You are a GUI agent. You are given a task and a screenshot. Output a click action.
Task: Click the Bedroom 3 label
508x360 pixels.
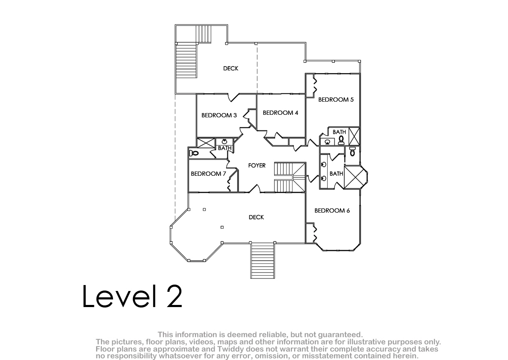219,116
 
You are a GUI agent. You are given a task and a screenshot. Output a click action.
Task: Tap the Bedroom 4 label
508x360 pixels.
280,113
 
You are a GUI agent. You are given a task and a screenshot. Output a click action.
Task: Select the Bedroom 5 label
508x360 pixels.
336,100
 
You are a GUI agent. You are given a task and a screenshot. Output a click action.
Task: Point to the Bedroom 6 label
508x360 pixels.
332,211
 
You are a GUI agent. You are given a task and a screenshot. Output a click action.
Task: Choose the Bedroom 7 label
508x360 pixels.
208,174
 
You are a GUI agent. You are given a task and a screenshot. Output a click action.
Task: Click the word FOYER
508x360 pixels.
257,166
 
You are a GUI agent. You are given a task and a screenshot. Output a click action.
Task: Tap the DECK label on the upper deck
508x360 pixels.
231,69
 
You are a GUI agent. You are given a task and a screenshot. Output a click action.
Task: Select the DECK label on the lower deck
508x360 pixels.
256,217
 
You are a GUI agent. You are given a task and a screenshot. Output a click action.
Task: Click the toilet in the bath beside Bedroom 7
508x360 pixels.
194,153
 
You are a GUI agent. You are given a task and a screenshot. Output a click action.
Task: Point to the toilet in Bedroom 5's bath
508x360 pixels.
341,141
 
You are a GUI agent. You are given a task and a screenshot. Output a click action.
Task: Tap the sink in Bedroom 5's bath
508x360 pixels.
327,142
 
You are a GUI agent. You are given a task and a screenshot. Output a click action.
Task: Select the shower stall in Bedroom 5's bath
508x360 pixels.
354,136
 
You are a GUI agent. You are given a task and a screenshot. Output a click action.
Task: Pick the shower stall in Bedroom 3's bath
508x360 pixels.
206,143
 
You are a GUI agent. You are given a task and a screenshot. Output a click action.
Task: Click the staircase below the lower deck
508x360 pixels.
262,260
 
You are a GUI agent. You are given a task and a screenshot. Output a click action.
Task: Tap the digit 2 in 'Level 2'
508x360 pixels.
174,296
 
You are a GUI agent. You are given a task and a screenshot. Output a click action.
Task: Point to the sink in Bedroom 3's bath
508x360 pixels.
224,142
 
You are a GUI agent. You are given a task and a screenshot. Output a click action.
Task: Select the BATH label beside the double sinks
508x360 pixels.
336,174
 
